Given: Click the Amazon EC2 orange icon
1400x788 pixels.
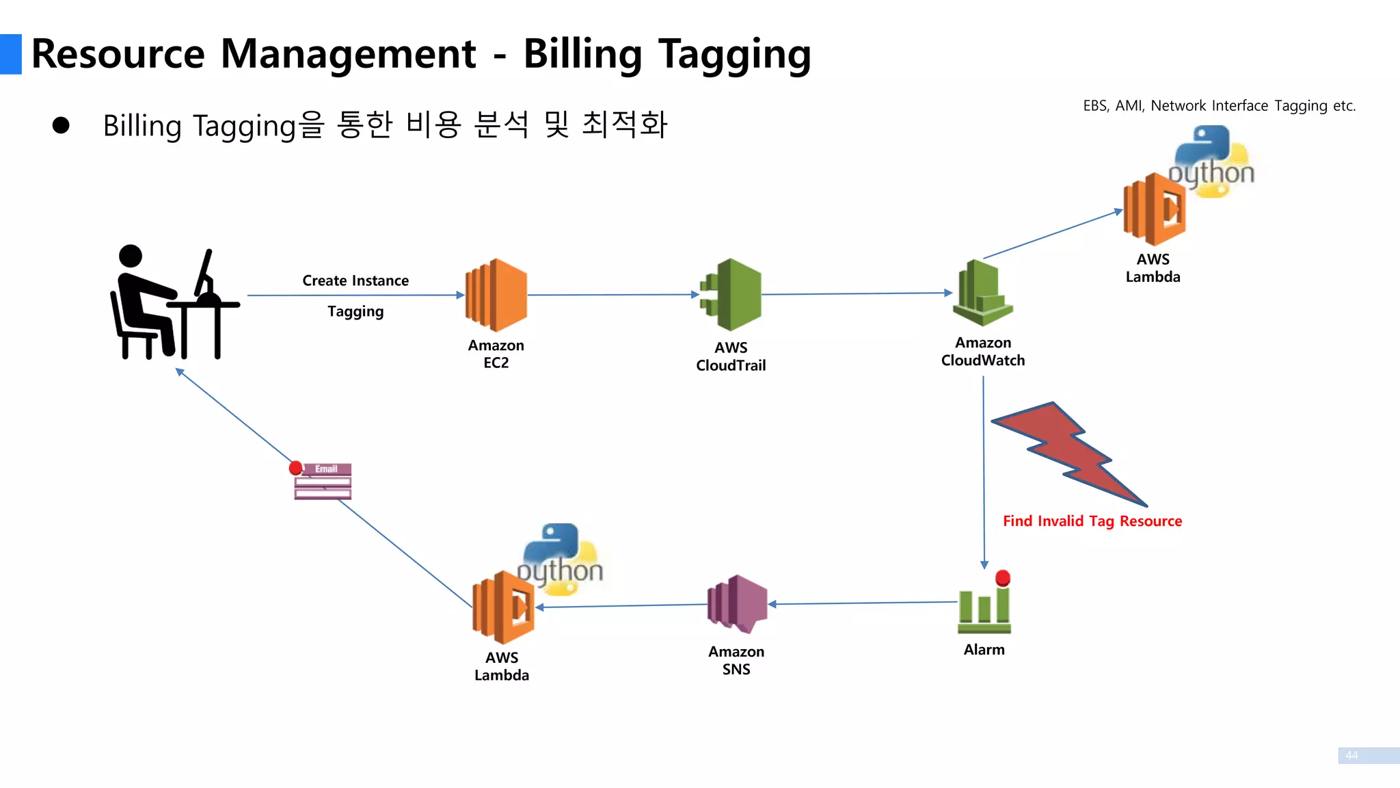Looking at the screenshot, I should pos(496,295).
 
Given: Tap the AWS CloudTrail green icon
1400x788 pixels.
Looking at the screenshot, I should pos(731,295).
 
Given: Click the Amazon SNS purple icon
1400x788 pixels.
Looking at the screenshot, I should pos(737,604).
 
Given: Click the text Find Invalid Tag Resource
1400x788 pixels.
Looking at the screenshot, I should pos(1092,521).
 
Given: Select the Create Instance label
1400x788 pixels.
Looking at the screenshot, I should pos(355,280).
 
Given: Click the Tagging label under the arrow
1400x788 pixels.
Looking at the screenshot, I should pos(355,311).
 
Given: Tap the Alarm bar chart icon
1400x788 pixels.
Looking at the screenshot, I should pos(984,609).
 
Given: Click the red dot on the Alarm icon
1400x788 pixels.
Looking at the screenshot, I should pos(1003,577).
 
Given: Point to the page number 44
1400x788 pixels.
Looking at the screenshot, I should pos(1351,755).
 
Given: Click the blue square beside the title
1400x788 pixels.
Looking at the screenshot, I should pos(11,54).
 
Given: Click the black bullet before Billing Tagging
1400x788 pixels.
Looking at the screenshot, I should pos(61,125).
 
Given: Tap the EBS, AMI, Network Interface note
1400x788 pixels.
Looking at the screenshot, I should pos(1219,106).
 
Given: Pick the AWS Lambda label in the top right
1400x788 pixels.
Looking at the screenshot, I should pos(1153,268).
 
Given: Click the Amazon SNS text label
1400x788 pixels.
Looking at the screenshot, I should pos(736,661).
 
